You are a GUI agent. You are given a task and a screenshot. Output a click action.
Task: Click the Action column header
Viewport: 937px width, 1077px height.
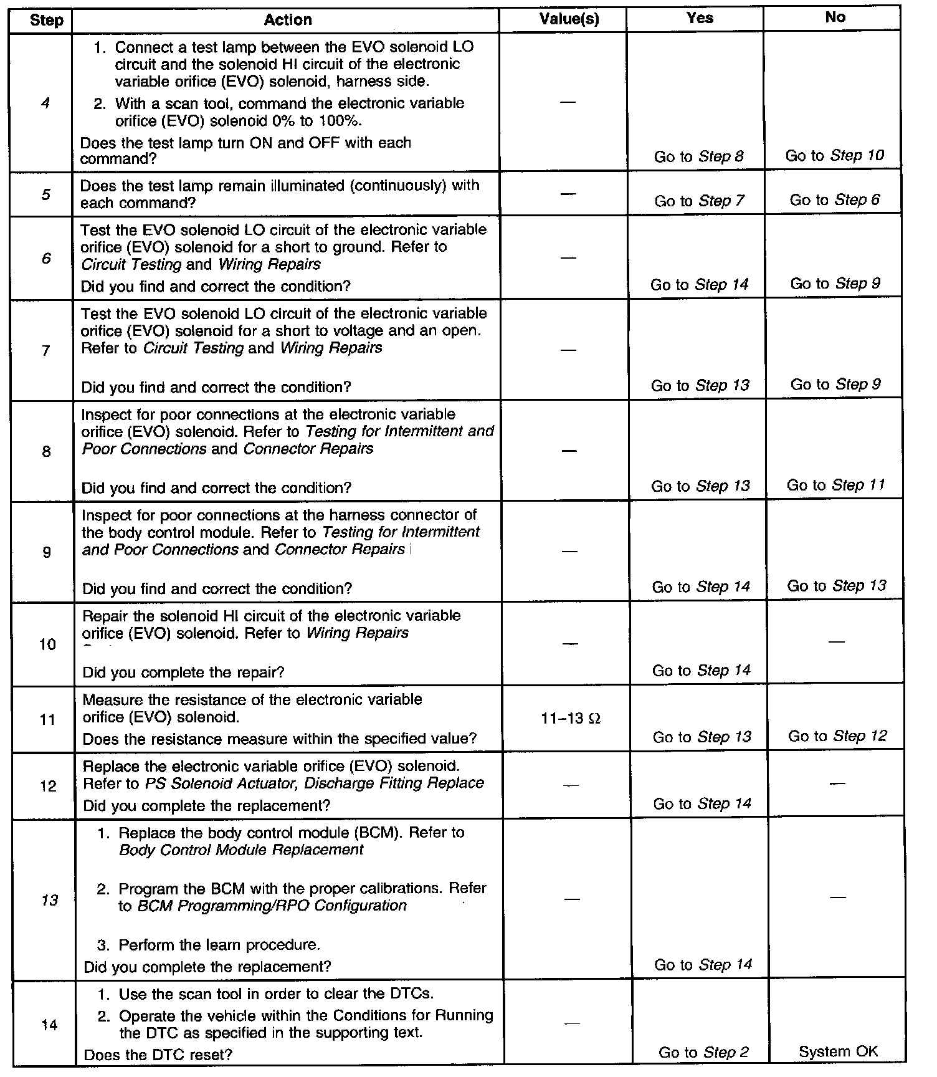point(287,20)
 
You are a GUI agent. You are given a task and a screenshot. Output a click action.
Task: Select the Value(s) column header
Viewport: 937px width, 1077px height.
point(569,19)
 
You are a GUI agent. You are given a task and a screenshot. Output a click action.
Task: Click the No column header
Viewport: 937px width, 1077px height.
point(835,17)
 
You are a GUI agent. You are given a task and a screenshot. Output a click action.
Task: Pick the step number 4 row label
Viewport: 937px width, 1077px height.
point(45,103)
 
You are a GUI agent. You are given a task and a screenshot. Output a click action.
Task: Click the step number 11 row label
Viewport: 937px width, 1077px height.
point(47,720)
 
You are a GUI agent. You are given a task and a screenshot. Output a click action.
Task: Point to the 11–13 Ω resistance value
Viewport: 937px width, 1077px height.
point(571,719)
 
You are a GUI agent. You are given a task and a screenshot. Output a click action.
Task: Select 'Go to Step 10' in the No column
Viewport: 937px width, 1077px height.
point(834,155)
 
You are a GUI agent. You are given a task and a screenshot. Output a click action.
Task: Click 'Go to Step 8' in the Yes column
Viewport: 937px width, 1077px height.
point(698,156)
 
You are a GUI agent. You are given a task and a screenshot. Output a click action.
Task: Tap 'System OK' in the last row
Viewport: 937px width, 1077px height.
point(838,1052)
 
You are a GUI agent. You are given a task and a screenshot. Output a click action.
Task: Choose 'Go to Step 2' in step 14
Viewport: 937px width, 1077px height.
point(703,1053)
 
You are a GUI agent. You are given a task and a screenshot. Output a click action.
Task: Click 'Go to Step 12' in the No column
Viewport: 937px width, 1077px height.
point(837,736)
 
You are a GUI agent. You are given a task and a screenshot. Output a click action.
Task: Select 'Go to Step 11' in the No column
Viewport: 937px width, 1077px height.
point(835,485)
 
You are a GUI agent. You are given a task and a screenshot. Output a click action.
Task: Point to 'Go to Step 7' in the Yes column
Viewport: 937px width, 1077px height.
point(699,201)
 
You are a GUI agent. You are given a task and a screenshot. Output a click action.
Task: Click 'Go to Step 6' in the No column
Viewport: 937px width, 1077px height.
point(835,200)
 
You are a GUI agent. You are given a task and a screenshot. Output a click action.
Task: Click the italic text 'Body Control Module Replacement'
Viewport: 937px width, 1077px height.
point(241,850)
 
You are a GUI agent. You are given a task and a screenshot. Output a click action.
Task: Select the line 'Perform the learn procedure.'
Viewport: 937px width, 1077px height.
point(219,945)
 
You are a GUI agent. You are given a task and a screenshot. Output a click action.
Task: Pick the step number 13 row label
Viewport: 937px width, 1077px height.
point(49,900)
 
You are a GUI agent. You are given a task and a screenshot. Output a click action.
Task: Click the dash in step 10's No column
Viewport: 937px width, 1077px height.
point(837,642)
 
